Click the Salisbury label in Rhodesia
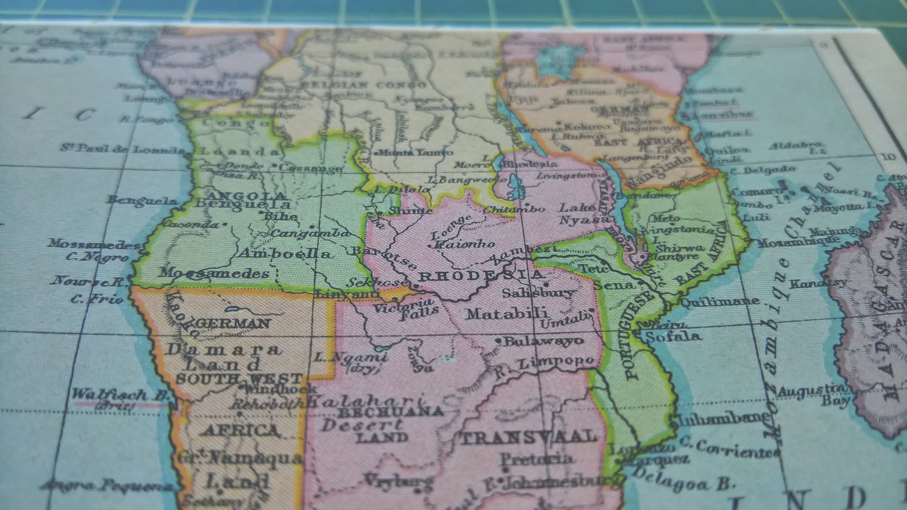click(538, 293)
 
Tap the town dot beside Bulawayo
click(498, 341)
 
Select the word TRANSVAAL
click(528, 438)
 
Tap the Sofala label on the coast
click(673, 337)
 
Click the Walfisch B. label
click(119, 395)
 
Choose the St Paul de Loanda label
click(125, 149)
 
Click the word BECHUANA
click(390, 412)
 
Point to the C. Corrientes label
click(730, 449)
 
